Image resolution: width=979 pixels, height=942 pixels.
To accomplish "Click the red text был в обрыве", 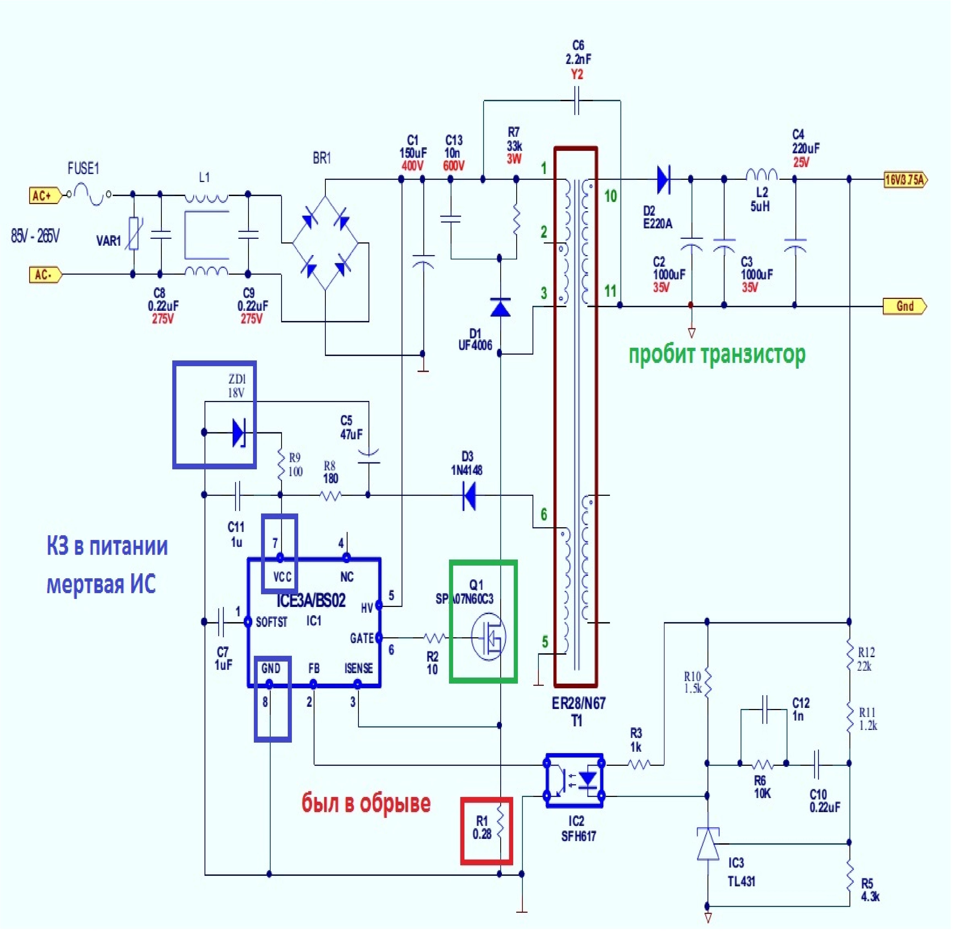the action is click(366, 803).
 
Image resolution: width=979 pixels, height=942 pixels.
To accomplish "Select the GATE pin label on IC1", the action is click(362, 638).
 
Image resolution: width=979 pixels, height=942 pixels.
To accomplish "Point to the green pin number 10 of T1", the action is click(610, 196).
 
